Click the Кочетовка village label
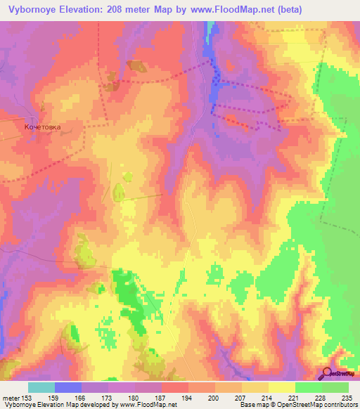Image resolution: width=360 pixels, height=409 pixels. point(42,127)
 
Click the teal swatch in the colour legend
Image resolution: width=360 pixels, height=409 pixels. point(41,387)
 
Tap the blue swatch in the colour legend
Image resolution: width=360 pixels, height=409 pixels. point(68,387)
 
